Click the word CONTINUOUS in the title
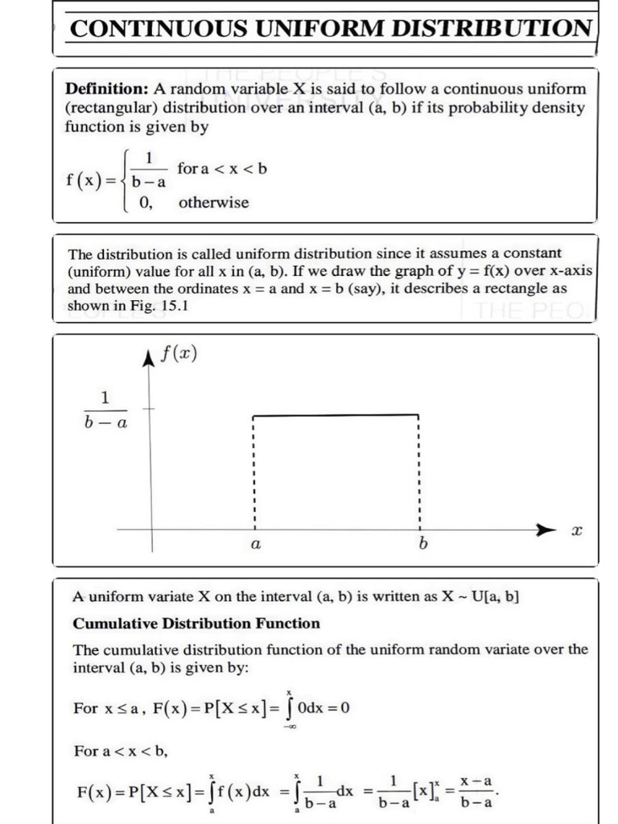coord(159,29)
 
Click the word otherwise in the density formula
coord(213,203)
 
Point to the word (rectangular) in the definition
coord(112,108)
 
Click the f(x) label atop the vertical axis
coord(179,355)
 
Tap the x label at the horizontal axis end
coord(575,532)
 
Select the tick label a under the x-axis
coord(255,546)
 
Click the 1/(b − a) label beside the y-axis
coord(105,410)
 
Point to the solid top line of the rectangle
coord(336,415)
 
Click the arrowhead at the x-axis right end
coord(547,530)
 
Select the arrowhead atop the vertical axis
coord(149,358)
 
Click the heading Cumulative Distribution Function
coord(196,623)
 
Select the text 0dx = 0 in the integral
coord(323,708)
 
